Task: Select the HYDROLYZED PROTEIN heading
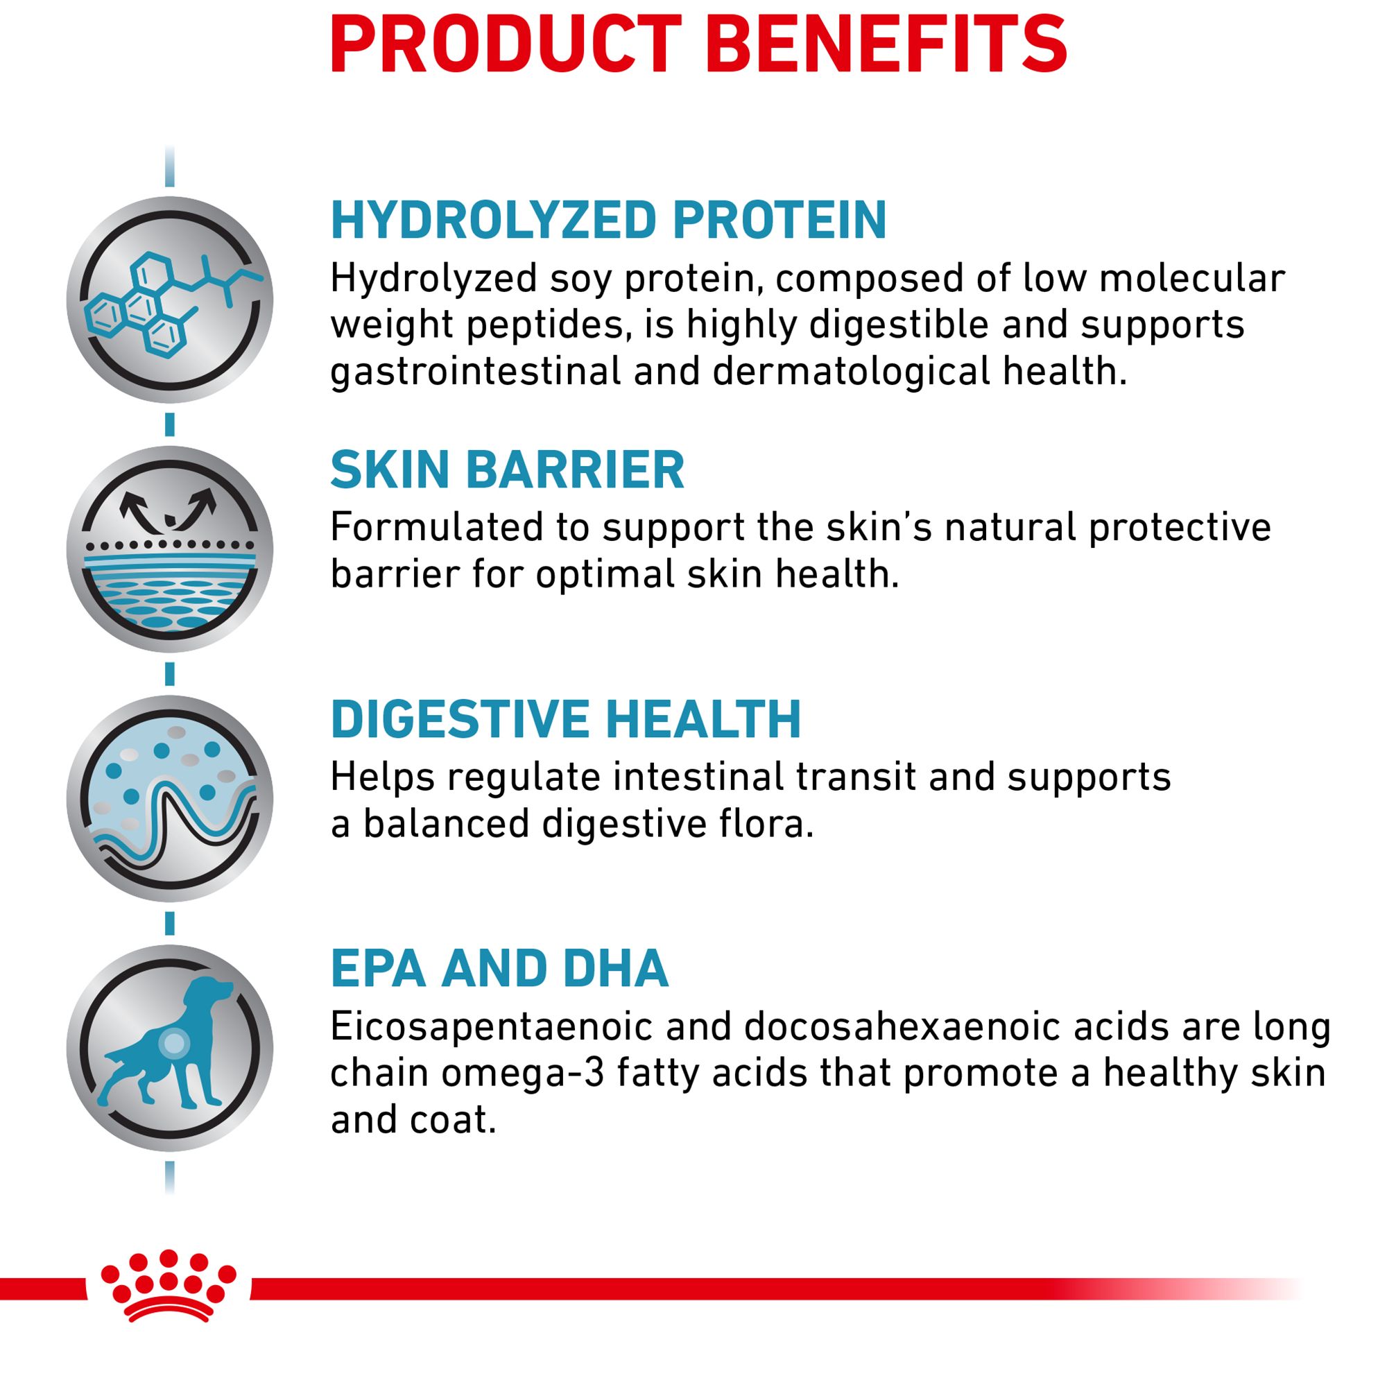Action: tap(609, 220)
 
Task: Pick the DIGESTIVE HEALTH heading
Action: tap(566, 719)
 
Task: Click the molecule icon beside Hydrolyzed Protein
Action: tap(169, 300)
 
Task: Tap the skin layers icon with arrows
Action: tap(169, 550)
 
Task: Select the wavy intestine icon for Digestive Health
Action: tap(169, 799)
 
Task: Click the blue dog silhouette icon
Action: tap(169, 1049)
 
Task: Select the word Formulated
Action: tap(436, 528)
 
